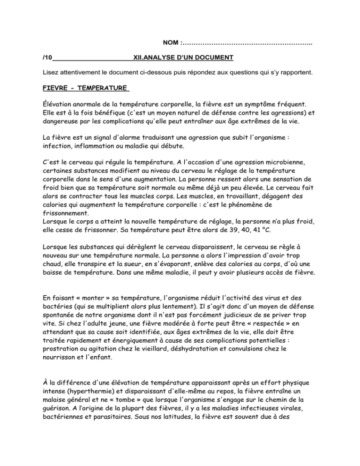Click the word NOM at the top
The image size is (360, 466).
171,43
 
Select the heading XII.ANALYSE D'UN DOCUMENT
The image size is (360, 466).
183,58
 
